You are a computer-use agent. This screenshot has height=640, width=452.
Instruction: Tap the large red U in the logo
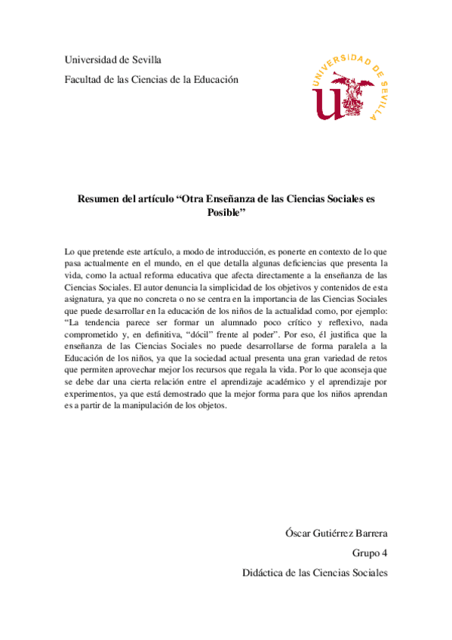click(329, 103)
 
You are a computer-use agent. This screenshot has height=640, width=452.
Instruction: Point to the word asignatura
click(89, 303)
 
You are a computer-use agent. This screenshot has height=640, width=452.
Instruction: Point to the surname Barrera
click(367, 534)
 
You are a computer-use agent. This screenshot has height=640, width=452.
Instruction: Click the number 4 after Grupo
click(384, 553)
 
